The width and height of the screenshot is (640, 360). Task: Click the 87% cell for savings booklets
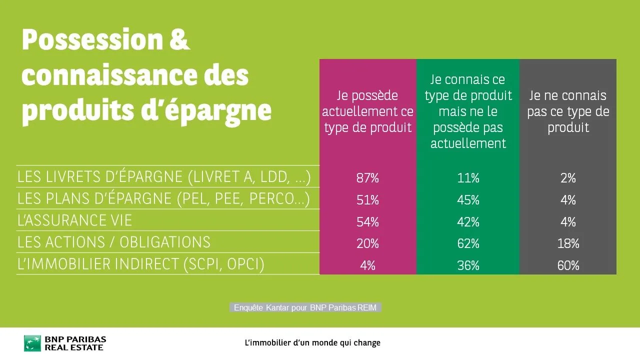(367, 178)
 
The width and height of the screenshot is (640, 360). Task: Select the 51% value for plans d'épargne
(367, 200)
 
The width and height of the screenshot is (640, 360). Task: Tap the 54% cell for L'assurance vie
(367, 222)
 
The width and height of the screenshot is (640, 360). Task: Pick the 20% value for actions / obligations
(367, 243)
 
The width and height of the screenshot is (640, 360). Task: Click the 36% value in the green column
(468, 265)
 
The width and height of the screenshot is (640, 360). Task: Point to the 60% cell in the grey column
(568, 265)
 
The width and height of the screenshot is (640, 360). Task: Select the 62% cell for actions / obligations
(468, 243)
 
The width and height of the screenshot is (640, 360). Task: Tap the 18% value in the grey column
(568, 243)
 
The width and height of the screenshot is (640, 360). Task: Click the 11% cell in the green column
(468, 178)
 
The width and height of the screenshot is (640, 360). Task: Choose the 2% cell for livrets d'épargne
(568, 178)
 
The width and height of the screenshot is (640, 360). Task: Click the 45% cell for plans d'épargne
(468, 200)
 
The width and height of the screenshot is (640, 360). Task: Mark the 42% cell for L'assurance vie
(468, 222)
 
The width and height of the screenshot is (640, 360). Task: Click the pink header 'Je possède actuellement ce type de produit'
(367, 111)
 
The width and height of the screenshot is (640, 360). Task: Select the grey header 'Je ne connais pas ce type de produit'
(568, 111)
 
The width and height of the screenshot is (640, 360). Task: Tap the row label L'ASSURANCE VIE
(74, 220)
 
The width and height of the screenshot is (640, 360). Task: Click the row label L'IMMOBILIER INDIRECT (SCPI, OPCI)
(140, 264)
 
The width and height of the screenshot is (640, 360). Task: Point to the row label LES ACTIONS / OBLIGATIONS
(114, 242)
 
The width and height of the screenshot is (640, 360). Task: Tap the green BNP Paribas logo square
(32, 343)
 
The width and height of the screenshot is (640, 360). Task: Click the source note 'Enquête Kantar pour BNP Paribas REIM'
(305, 308)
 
